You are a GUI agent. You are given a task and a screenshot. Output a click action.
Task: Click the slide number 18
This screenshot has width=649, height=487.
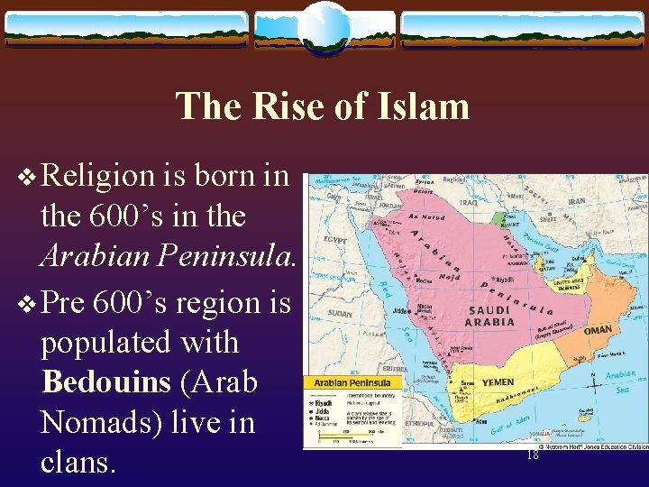pos(532,456)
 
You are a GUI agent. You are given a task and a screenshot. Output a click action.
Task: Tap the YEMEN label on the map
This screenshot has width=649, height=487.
pos(498,382)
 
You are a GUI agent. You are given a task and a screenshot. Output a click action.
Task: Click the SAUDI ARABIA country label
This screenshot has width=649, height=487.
pos(489,316)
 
